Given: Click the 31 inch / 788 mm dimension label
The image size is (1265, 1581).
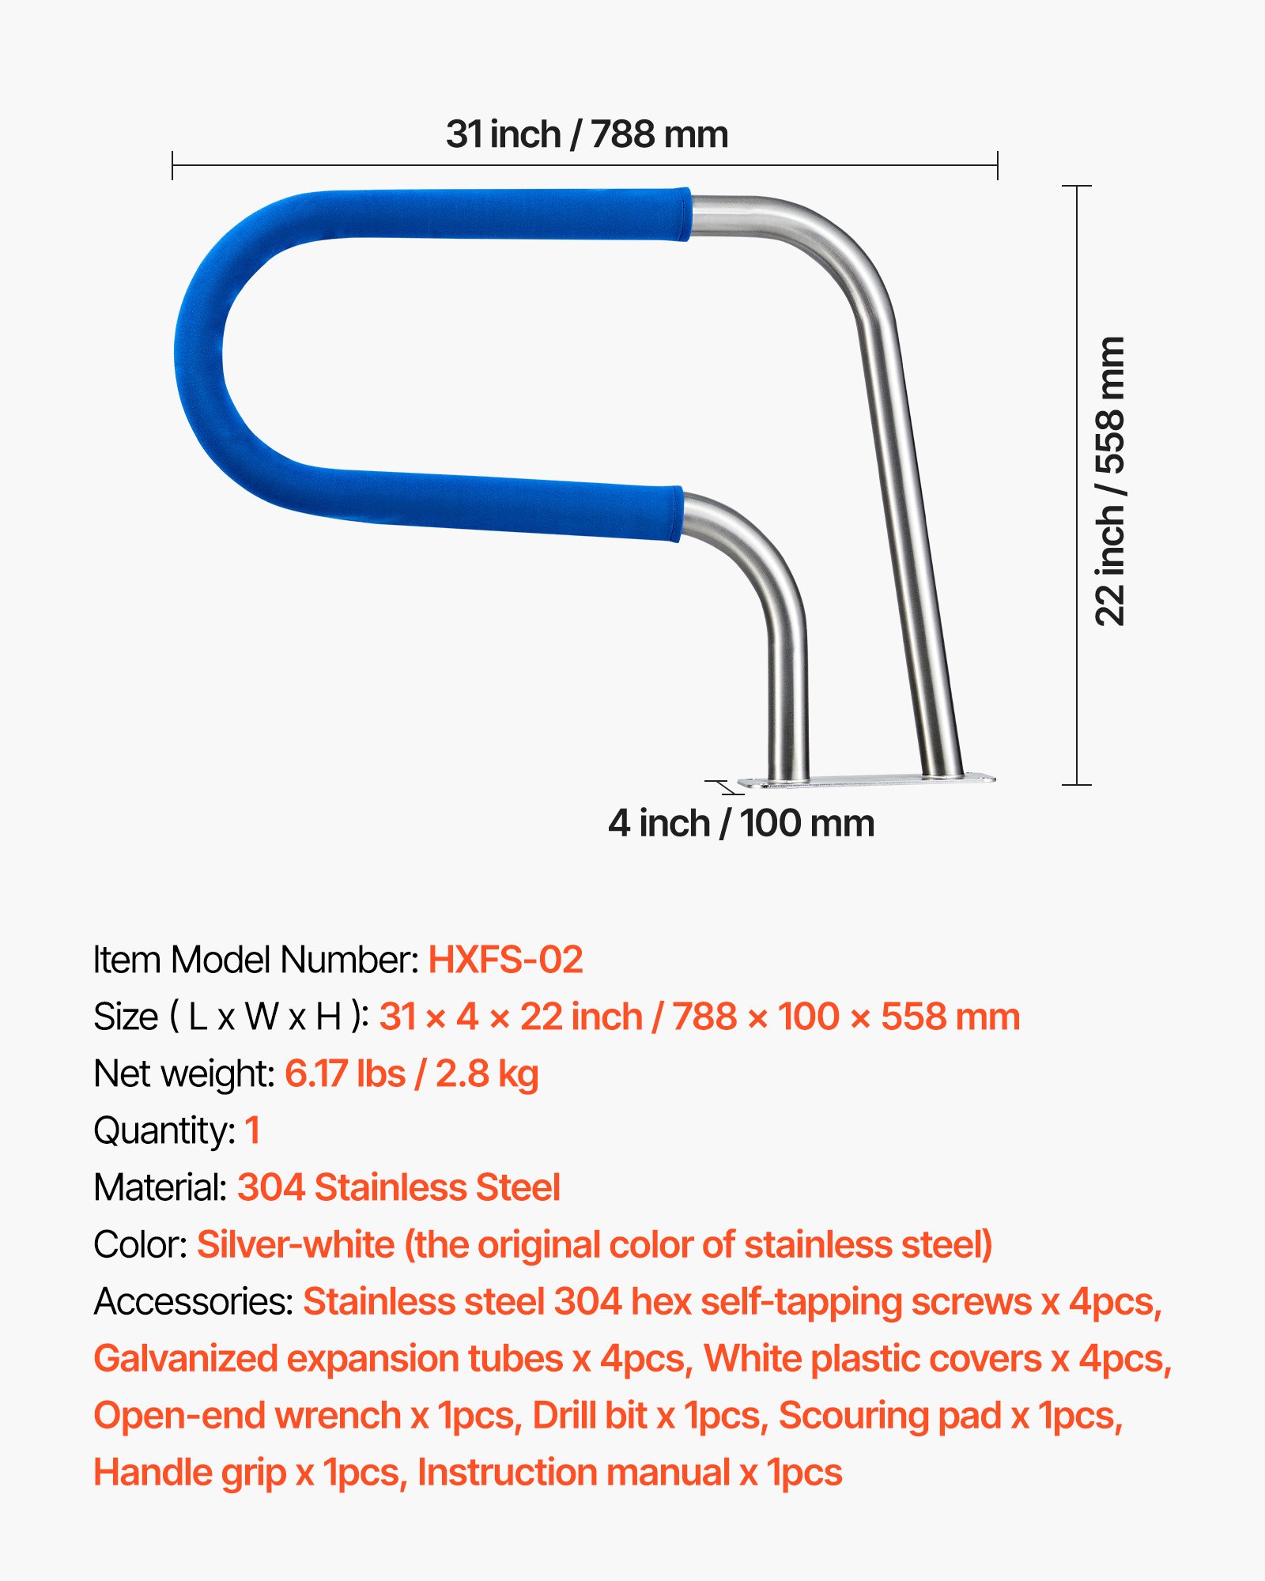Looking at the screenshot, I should coord(587,134).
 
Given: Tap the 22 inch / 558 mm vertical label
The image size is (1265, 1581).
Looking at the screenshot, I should coord(1110,481).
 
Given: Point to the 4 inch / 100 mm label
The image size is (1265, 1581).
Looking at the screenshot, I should coord(741,824).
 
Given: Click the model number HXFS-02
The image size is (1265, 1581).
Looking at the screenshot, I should coord(505,960).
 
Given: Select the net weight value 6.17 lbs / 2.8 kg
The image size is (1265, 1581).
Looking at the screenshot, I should coord(411,1073).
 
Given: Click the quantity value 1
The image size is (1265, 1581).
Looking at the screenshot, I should coord(252,1130).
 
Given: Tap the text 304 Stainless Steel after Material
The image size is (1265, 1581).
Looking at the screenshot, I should coord(398,1187).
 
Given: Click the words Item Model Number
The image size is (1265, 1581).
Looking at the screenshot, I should coord(255,960).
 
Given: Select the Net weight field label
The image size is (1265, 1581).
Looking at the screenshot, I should coord(183,1073).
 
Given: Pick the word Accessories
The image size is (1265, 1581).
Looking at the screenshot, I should coord(193,1301).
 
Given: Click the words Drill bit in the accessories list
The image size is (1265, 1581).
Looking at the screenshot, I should coord(590,1415).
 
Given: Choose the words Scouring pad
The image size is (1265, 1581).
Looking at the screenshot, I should coord(890,1415).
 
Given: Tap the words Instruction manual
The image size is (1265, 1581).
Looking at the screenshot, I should coord(574,1472).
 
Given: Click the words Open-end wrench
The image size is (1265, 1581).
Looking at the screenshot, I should coord(247,1415).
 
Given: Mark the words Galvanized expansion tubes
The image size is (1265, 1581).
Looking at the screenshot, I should coord(328,1358).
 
